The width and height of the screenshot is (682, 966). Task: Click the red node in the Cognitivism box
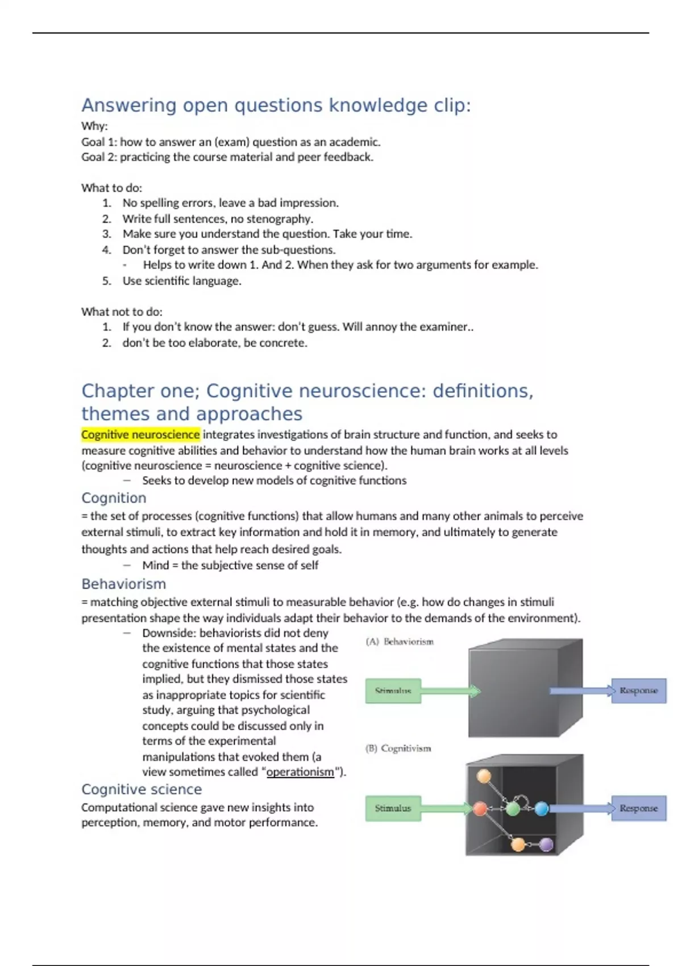click(x=480, y=808)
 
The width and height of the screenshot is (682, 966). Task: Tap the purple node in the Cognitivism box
click(x=546, y=844)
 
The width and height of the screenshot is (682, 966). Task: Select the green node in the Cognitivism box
click(x=513, y=808)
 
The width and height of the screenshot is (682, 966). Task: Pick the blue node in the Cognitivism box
click(x=542, y=808)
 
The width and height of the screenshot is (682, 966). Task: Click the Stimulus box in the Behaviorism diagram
click(x=393, y=691)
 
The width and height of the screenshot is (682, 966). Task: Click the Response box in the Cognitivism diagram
click(x=638, y=808)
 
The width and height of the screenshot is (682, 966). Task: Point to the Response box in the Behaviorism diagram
click(x=638, y=690)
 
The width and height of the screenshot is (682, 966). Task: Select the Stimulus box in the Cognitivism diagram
click(x=393, y=808)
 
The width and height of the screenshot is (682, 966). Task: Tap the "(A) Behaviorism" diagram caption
click(x=400, y=642)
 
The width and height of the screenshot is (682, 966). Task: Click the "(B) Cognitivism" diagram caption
click(x=398, y=748)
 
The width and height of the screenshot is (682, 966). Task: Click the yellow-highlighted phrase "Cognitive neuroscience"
click(x=140, y=435)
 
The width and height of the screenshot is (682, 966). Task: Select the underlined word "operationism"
click(x=300, y=772)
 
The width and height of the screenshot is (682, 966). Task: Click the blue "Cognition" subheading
click(x=114, y=498)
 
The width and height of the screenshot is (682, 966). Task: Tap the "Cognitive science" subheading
click(x=142, y=789)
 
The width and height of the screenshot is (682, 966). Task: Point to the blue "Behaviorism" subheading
click(x=124, y=584)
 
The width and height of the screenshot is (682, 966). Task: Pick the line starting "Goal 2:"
click(x=227, y=157)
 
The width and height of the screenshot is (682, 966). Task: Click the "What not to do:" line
click(x=122, y=311)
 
